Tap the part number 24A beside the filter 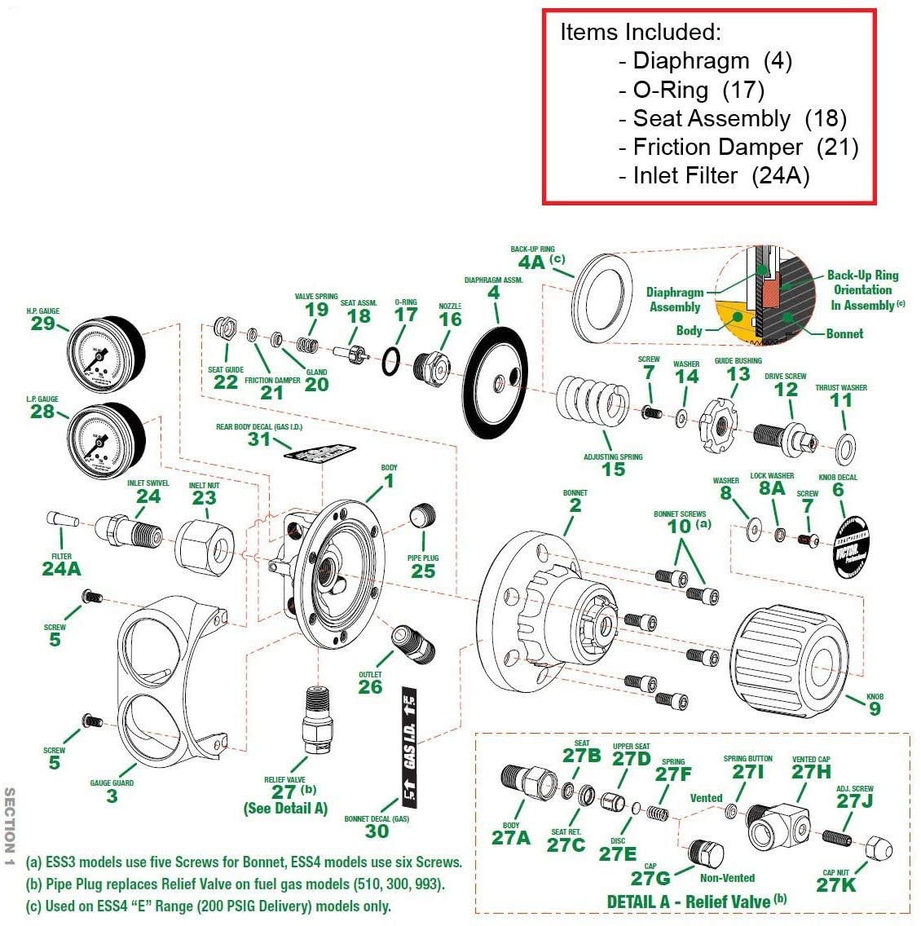[x=61, y=568]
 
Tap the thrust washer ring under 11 [x=847, y=447]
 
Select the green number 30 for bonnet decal [x=377, y=831]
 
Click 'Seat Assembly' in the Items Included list [x=712, y=119]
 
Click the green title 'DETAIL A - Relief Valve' [x=688, y=902]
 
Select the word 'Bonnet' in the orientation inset [x=844, y=333]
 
